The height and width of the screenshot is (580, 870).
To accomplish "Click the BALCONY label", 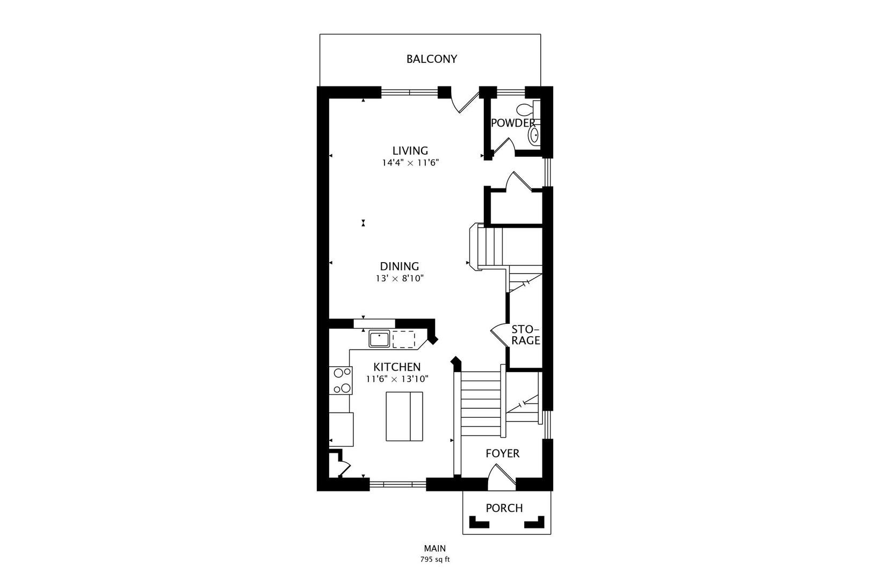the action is pos(431,59).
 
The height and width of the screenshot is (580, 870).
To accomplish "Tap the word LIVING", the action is pos(410,151).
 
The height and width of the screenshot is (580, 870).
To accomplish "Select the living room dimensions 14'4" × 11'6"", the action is pos(410,163).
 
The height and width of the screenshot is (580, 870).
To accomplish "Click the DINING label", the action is pos(399,266).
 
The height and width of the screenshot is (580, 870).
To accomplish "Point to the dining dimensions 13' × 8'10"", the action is pos(399,279).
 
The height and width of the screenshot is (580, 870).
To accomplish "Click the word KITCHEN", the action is pos(397,367).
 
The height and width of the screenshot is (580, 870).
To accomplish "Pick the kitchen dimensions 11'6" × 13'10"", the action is pos(397,379).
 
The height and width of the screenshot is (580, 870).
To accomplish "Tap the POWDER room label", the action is pos(513,123).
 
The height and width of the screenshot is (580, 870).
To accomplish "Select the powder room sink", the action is pos(534,135).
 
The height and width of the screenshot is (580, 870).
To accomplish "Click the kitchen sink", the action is pos(379,339).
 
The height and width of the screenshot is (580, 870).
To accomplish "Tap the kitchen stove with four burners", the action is pos(341,381).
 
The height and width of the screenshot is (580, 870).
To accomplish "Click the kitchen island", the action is pos(404,416).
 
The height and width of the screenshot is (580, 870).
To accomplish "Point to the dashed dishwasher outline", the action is pos(403,339).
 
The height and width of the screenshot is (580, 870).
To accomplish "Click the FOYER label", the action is pos(502,453).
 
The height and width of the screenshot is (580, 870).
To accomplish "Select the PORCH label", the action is pos(504,508).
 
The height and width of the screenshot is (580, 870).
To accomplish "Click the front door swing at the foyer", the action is pos(502,476).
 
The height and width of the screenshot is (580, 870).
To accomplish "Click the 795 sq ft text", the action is pos(434,560).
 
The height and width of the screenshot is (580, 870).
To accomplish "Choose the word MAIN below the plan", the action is pos(434,548).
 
